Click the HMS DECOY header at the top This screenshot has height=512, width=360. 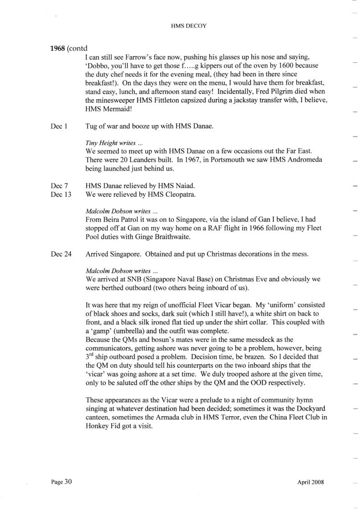[188, 26]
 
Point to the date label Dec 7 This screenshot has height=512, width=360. [59, 186]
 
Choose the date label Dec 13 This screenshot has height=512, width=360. [61, 194]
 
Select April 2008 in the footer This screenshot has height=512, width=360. [310, 482]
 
